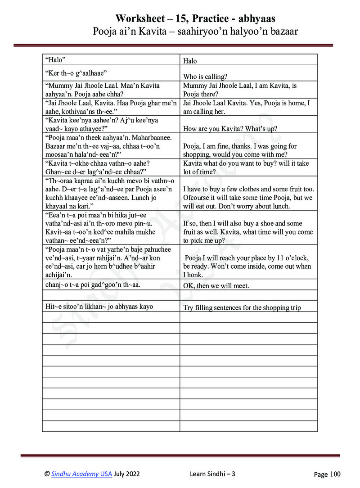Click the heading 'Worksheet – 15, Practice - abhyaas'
click(195, 18)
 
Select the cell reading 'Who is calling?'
click(205, 76)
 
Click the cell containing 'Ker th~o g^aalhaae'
click(76, 72)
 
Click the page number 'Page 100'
click(327, 474)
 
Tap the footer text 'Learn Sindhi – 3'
click(212, 474)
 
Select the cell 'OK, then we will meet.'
click(216, 286)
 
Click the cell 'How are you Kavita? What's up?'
click(230, 129)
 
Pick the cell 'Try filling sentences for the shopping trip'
click(242, 308)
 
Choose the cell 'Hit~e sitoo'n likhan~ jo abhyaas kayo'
click(99, 307)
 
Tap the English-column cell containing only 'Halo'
click(190, 61)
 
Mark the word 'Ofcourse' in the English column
click(197, 198)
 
